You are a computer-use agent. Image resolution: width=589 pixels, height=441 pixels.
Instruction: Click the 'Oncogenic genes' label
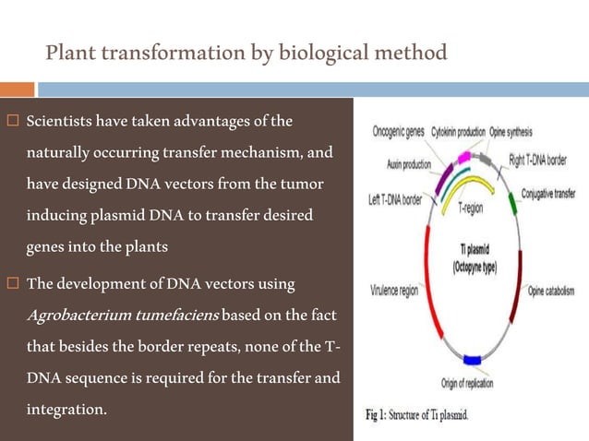click(x=398, y=131)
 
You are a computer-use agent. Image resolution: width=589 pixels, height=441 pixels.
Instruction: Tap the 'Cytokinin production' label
click(x=457, y=131)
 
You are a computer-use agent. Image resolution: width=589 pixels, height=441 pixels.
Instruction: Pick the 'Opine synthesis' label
click(x=516, y=131)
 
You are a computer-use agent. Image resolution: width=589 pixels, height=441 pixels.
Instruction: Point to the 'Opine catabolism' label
click(x=551, y=291)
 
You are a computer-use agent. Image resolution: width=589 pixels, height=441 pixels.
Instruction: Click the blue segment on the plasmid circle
click(x=473, y=360)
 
